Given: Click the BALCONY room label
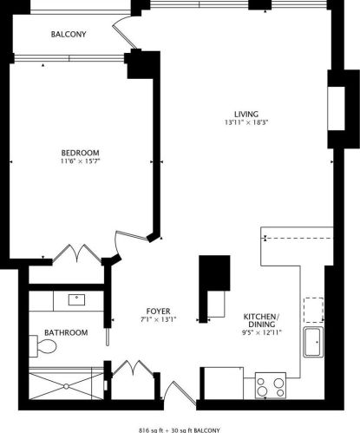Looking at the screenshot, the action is click(x=69, y=34).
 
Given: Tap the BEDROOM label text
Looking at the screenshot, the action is click(x=81, y=153).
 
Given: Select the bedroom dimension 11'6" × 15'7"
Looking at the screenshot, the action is click(x=81, y=161).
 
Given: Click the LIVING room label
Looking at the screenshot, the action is click(x=246, y=114).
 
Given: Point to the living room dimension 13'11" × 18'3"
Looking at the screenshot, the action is click(x=246, y=122).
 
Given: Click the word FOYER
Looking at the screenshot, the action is click(x=158, y=312).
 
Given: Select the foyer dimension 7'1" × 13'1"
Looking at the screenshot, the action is click(x=159, y=319).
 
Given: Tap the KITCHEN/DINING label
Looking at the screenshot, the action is click(x=262, y=320).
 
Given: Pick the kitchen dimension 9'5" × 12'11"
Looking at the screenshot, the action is click(x=262, y=332).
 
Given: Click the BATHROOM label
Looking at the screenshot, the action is click(x=66, y=332).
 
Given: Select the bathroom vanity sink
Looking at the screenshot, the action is click(x=76, y=300).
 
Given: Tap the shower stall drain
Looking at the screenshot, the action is click(x=66, y=386).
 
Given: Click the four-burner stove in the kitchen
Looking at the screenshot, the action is click(x=271, y=385).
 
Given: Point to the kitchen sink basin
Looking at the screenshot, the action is click(x=313, y=342).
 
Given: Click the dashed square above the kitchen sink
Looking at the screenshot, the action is click(x=313, y=310).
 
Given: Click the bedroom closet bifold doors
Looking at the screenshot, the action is click(x=77, y=253).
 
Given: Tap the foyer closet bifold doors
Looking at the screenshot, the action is click(x=133, y=368).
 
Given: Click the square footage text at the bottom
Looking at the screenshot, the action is click(x=180, y=430).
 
